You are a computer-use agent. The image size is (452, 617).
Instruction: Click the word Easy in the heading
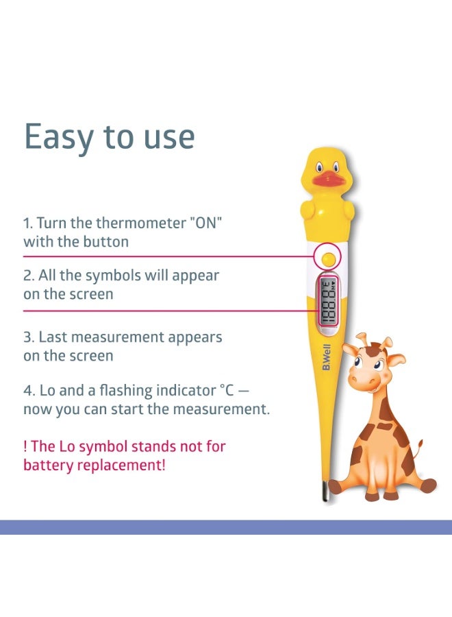pos(59,137)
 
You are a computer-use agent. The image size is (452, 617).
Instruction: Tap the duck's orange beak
pos(329,180)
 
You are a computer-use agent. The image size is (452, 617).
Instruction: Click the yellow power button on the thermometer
pos(328,259)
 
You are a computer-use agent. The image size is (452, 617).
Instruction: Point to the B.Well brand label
pos(327,357)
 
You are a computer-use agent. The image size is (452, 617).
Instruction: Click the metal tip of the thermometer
pos(325,491)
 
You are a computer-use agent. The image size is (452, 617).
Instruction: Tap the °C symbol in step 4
pos(227,390)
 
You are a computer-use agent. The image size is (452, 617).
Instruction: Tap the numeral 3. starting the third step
pos(29,337)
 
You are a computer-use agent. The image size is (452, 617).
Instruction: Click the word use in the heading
pos(169,138)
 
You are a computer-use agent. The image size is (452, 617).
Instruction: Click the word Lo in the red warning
pos(66,446)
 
